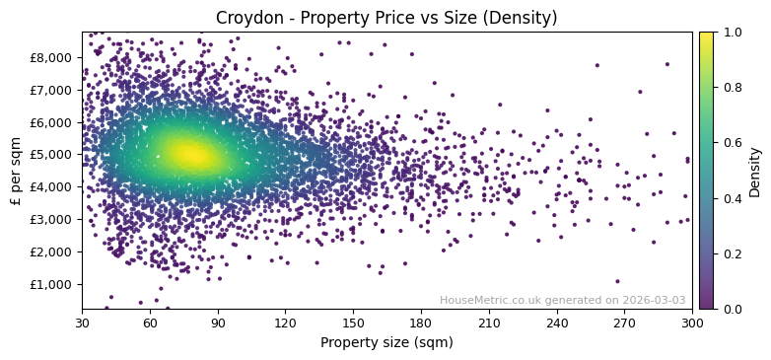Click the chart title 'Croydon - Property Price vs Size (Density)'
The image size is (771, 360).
[x=386, y=18]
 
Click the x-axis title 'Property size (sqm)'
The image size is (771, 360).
[x=386, y=342]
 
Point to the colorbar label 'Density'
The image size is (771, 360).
[x=754, y=171]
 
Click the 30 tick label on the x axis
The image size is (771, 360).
[x=82, y=323]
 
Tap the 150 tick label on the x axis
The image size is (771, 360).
[x=353, y=323]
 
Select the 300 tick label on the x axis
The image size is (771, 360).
[x=692, y=323]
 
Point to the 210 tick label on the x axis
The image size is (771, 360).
[x=489, y=323]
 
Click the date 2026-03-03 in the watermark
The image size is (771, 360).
[x=656, y=301]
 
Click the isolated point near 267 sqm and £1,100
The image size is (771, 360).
[x=618, y=281]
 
